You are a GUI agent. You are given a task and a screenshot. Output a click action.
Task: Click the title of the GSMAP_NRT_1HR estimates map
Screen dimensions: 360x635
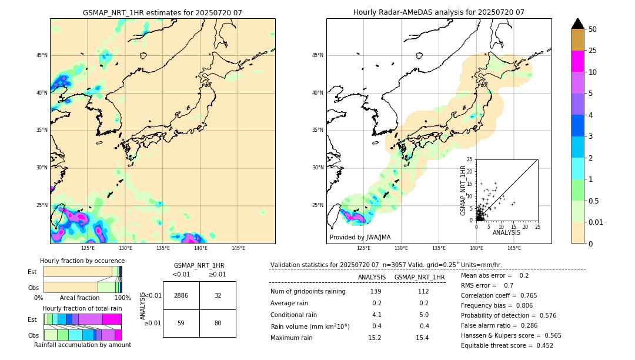(x=162, y=12)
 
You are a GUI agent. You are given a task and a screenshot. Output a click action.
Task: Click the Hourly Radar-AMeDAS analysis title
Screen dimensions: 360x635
(x=439, y=12)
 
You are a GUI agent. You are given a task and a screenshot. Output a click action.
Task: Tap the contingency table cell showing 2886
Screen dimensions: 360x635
(x=181, y=295)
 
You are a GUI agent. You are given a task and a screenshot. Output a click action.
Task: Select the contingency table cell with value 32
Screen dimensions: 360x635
(x=218, y=295)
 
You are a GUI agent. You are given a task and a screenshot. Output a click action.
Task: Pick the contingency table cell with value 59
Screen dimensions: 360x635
(x=181, y=323)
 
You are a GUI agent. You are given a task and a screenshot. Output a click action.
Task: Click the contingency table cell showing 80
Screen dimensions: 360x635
(x=218, y=323)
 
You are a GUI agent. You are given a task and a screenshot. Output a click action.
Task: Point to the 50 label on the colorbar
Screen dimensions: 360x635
(x=593, y=29)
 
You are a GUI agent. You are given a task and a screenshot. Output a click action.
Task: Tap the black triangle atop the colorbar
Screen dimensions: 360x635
(x=578, y=24)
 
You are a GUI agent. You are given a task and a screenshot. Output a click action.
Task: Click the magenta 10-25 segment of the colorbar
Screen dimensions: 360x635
(x=578, y=61)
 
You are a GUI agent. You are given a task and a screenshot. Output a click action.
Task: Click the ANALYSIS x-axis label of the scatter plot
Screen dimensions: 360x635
(x=506, y=232)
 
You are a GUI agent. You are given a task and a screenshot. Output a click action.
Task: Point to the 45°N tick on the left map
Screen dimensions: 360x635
(x=42, y=55)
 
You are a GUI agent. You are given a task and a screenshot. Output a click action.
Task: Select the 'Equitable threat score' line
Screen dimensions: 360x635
(x=507, y=345)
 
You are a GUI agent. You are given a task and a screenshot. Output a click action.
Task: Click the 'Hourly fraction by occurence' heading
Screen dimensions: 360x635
(x=82, y=261)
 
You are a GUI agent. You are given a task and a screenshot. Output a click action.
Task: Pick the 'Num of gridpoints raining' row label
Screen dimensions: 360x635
(x=308, y=292)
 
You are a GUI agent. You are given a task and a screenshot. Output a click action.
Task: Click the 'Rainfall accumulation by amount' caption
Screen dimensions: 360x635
(x=82, y=345)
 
